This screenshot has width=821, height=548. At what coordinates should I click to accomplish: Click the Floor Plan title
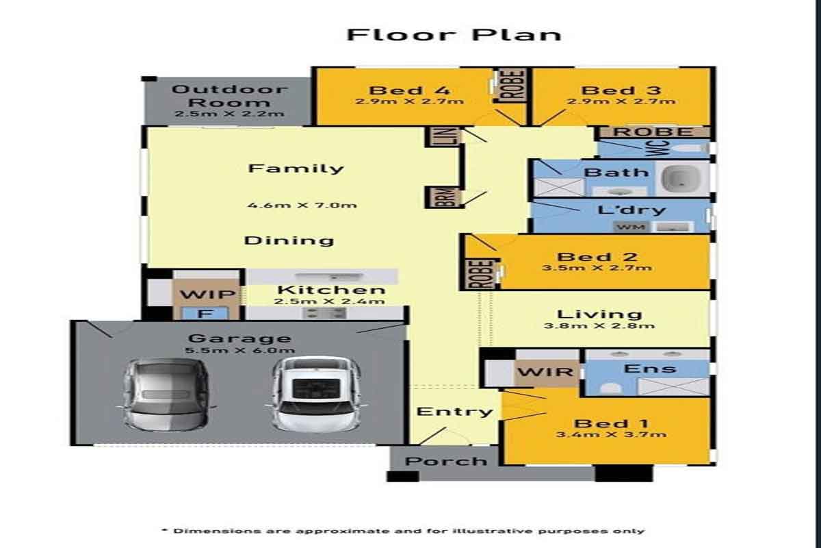tap(454, 35)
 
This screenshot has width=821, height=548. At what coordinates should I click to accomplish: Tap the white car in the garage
tap(316, 394)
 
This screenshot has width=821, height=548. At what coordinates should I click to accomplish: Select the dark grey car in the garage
tap(166, 394)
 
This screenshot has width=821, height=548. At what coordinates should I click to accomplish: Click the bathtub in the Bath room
tap(681, 178)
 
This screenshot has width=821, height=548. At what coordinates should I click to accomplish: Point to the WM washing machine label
tap(631, 227)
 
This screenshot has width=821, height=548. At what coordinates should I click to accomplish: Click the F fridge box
tap(206, 314)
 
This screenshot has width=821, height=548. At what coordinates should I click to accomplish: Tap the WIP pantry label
tap(207, 294)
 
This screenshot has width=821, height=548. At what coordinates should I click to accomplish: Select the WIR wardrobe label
tap(545, 372)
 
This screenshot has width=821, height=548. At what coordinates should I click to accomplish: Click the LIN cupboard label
tap(452, 136)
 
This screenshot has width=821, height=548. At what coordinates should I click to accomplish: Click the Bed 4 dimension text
tap(409, 101)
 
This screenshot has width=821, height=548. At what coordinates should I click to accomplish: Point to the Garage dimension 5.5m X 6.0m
tap(240, 350)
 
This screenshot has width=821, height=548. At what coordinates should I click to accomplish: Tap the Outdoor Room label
tap(229, 95)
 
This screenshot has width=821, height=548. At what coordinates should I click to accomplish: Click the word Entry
tap(454, 412)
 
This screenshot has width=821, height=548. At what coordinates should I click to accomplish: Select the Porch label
tap(446, 461)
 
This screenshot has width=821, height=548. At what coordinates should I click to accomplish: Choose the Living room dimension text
tap(599, 325)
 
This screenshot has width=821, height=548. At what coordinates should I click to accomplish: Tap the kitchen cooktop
tap(325, 313)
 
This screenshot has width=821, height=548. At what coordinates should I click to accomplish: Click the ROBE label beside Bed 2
tap(481, 274)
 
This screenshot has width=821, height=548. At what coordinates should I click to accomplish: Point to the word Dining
tap(289, 241)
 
